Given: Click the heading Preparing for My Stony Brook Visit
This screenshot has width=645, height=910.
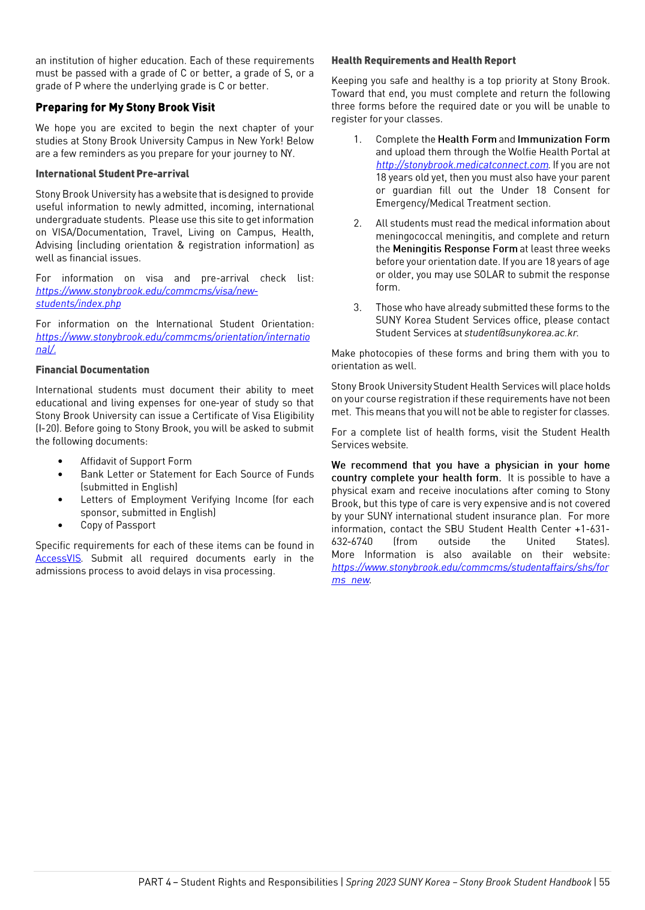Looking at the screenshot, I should (125, 107).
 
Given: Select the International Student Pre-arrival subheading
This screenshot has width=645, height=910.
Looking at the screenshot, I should (112, 174).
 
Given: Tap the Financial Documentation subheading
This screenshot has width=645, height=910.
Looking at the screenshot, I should (92, 370).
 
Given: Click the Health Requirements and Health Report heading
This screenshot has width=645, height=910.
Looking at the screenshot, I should (423, 61).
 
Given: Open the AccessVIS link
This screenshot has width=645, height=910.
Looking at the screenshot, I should (58, 558).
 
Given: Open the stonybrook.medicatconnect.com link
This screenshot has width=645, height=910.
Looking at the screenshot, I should (462, 165).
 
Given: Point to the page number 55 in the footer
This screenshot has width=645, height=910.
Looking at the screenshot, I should (604, 882).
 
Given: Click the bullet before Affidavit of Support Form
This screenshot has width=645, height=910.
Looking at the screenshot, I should (61, 462).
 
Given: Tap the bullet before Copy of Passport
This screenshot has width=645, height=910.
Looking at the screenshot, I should (61, 526).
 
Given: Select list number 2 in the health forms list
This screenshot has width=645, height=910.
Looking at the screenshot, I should (358, 224).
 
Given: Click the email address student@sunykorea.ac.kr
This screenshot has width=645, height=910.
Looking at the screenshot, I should (521, 333).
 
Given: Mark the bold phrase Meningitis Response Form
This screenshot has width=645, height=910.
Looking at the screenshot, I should (455, 249).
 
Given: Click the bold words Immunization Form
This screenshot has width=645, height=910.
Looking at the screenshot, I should (563, 139).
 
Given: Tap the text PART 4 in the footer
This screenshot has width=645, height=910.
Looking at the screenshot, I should (154, 882).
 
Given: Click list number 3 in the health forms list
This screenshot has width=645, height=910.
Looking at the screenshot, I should (358, 308).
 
